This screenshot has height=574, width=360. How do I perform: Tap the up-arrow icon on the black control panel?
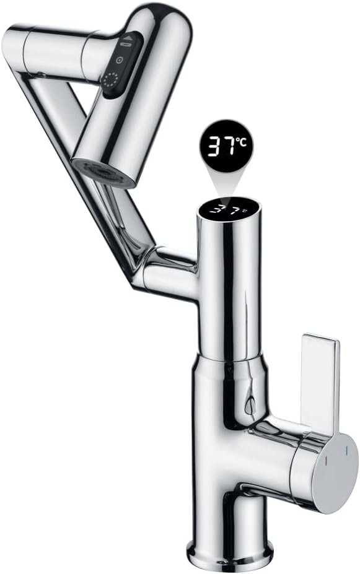pos(128,38)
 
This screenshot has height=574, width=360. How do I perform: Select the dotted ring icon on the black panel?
pos(110,80)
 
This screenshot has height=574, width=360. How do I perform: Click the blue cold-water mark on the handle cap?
pos(346,451)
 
